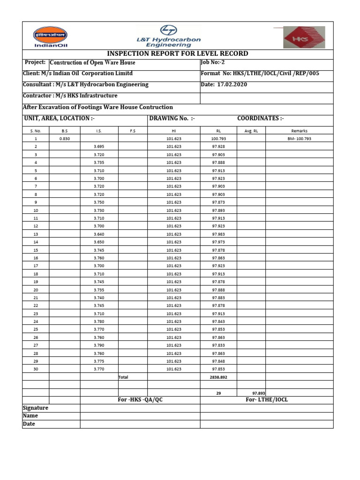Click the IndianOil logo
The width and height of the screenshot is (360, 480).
coord(50,36)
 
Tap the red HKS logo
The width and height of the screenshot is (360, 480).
coord(302,37)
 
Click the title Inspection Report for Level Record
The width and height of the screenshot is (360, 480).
coord(178,53)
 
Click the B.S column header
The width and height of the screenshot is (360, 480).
coord(65,131)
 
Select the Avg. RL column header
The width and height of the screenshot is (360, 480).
coord(251,131)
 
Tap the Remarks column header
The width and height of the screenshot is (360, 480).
coord(299,131)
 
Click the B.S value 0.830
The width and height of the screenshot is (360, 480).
coord(65,139)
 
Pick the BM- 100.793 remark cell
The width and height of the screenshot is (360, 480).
coord(299,139)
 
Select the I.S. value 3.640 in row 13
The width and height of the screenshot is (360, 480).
coord(99,234)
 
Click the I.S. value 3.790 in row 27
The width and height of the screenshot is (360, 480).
coord(99,345)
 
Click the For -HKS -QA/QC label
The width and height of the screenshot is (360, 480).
coord(140,399)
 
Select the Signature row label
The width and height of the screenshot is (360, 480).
coord(36,408)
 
